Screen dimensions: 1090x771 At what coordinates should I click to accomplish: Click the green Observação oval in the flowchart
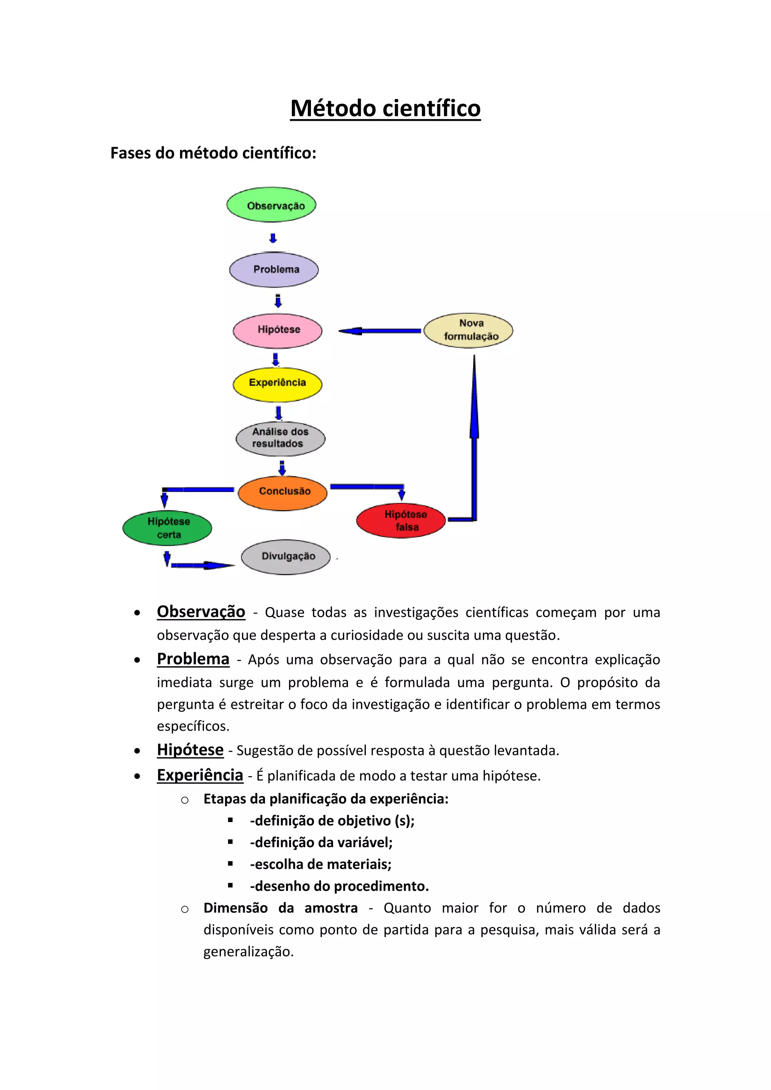tap(271, 205)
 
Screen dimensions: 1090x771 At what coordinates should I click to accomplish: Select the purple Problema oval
tap(274, 269)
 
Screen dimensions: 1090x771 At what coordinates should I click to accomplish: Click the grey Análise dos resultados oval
tap(280, 438)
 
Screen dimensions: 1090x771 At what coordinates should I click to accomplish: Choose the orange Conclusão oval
tap(282, 493)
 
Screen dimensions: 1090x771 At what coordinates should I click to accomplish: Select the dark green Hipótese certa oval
tap(167, 528)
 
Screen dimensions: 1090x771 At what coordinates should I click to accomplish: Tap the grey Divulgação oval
tap(286, 557)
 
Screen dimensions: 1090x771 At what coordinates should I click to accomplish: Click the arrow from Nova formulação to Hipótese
tap(380, 331)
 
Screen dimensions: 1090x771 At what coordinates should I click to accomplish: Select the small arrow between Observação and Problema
tap(273, 237)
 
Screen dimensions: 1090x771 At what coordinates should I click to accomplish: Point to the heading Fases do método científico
tap(213, 153)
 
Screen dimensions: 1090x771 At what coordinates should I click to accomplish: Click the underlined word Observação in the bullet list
tap(201, 612)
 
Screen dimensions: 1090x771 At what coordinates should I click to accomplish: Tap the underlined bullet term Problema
tap(193, 659)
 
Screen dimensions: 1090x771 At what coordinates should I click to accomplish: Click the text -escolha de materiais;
tap(321, 864)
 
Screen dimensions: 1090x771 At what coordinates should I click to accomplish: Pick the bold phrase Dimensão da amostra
tap(280, 908)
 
